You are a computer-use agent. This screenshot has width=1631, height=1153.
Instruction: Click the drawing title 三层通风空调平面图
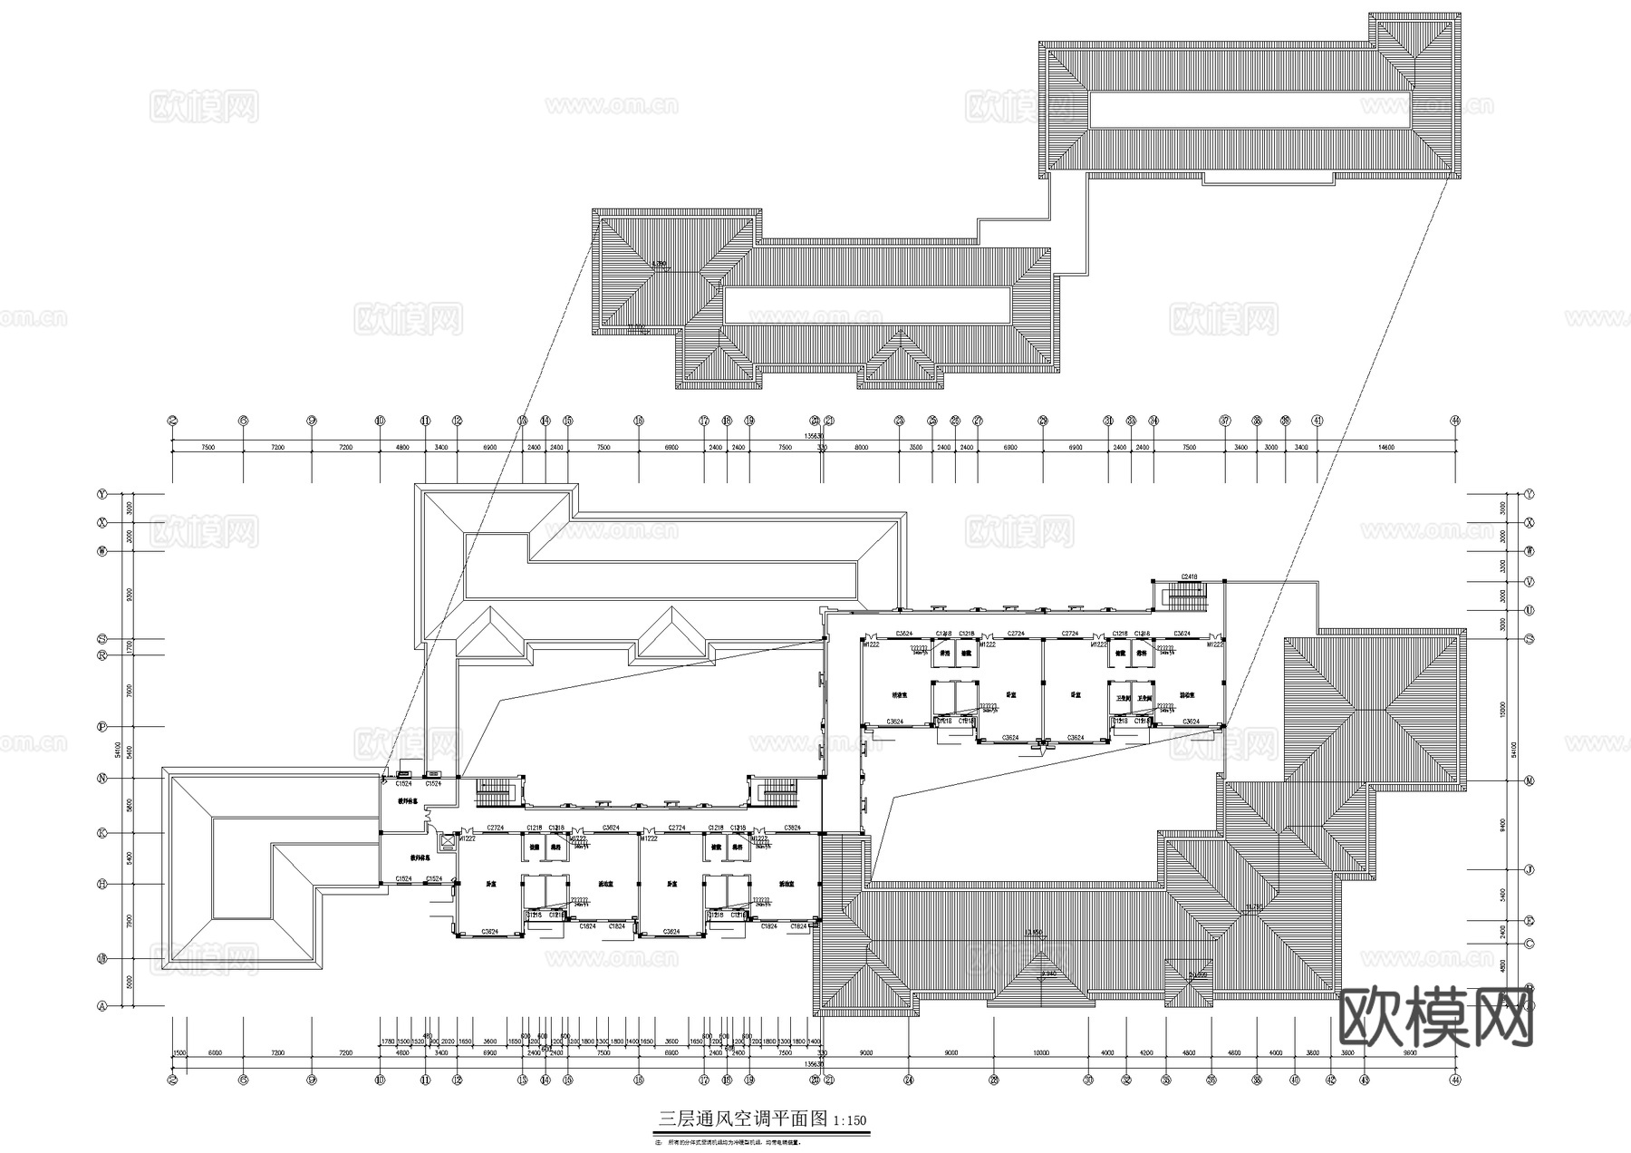[x=742, y=1119]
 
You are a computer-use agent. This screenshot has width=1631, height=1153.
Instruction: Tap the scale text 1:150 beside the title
[x=849, y=1120]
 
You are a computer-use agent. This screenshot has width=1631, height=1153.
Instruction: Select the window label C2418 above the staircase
[x=1189, y=576]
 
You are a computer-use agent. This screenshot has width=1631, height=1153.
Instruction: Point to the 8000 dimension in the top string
[x=861, y=448]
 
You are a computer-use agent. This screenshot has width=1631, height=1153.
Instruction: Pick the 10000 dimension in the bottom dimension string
[x=1040, y=1053]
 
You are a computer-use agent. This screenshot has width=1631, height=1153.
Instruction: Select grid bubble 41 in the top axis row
[x=1317, y=421]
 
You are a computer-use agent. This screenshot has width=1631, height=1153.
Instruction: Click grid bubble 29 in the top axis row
[x=1043, y=421]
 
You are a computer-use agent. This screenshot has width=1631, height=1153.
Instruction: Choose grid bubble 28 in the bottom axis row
[x=994, y=1080]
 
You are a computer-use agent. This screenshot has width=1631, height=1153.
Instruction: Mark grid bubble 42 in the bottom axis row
[x=1330, y=1080]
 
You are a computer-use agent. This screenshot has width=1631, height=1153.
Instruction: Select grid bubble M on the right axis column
[x=1530, y=780]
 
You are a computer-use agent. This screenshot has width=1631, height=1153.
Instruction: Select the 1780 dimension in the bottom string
[x=388, y=1042]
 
